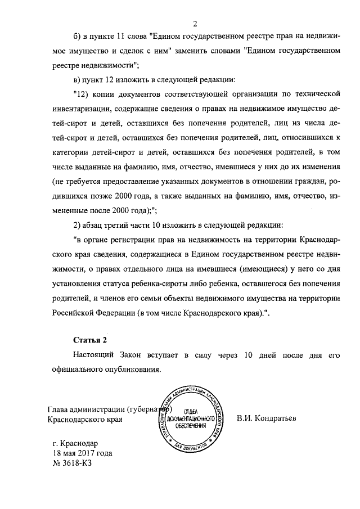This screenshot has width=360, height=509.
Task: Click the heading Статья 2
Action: (89, 340)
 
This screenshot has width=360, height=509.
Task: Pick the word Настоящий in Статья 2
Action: (93, 356)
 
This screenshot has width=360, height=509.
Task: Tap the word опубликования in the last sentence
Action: (133, 370)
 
